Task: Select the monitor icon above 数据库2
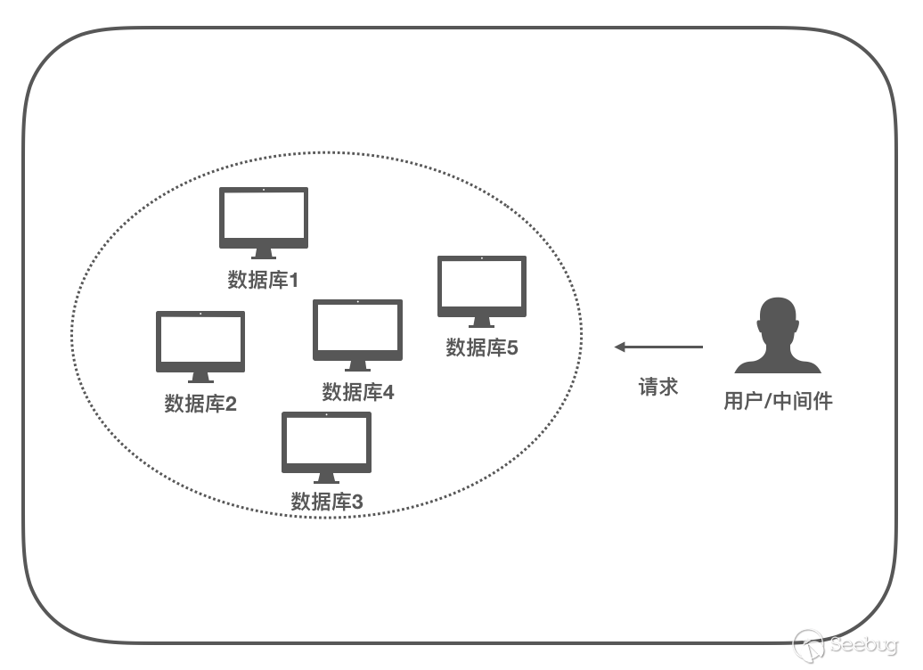coord(200,342)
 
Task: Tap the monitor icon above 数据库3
coord(326,443)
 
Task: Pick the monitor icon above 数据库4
coord(357,331)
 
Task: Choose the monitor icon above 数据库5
coord(482,287)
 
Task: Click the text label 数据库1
coord(263,281)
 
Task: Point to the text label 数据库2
coord(200,404)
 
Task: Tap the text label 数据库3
coord(327,502)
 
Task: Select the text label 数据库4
coord(357,392)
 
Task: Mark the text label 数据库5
coord(481,347)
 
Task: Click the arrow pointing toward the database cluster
coord(658,347)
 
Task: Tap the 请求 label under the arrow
coord(658,387)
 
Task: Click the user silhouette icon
coord(777,336)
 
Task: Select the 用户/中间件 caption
coord(778,402)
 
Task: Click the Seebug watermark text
coord(867,645)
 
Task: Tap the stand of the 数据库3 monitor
coord(326,478)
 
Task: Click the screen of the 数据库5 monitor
coord(482,283)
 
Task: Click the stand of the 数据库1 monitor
coord(264,254)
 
